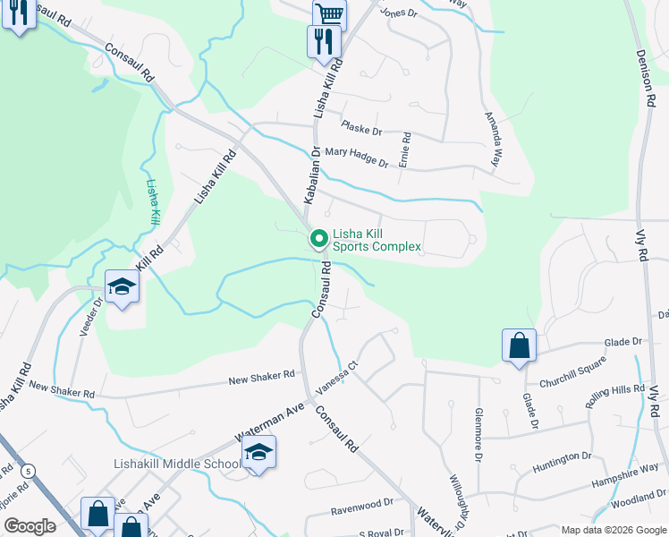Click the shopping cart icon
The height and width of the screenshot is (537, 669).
pos(329,14)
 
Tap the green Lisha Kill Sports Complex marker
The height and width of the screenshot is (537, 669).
pos(318,239)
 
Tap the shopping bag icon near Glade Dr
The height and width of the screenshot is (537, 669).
pos(519,346)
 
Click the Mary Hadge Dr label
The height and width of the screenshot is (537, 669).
pos(356,158)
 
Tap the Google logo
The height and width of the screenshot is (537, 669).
pos(30,525)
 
